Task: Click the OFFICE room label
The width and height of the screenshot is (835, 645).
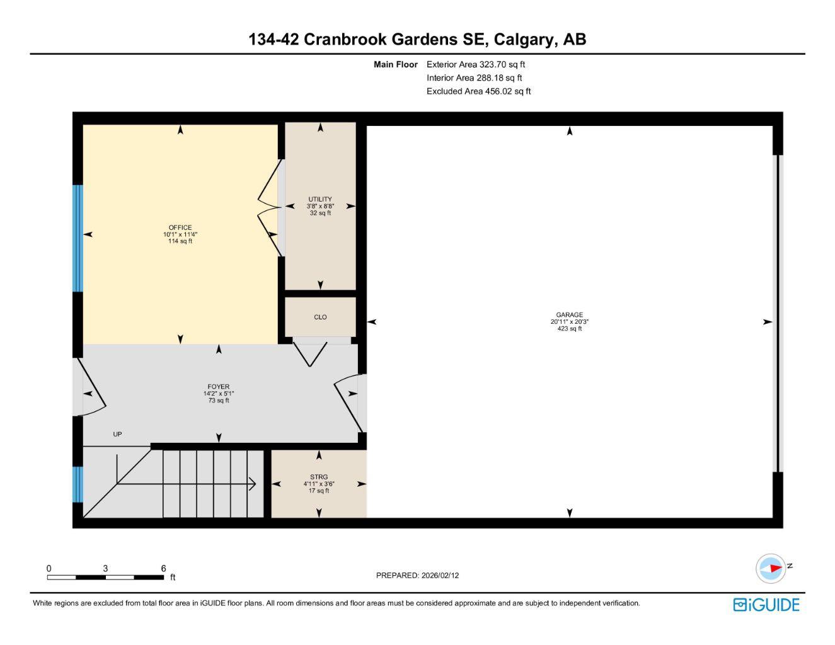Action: (x=180, y=227)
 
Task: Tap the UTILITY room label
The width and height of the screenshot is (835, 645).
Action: (x=320, y=199)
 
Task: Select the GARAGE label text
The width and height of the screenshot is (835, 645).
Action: (x=569, y=315)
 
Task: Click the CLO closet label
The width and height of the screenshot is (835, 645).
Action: (x=320, y=317)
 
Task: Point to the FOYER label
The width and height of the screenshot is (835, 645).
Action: (x=219, y=387)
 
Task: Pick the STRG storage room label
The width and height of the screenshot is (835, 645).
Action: (x=319, y=477)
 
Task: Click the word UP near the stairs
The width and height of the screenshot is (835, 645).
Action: (x=117, y=434)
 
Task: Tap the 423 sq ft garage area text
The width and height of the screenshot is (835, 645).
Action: (x=569, y=329)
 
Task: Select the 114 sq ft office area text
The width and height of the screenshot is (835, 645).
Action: (x=180, y=241)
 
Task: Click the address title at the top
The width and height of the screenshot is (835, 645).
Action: (x=417, y=39)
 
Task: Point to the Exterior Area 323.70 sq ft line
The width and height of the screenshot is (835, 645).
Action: (x=475, y=64)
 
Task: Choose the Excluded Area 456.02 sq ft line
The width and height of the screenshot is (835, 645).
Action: (x=478, y=91)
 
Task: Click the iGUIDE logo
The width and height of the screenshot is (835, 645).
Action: (x=766, y=605)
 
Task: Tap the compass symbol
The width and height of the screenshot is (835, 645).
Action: (x=771, y=568)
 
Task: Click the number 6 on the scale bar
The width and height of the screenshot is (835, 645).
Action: (x=163, y=568)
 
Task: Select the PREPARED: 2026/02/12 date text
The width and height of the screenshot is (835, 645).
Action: (x=417, y=575)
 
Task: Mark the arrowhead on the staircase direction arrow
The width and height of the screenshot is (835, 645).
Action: (x=252, y=484)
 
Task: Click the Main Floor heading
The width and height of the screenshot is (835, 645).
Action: (x=395, y=64)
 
